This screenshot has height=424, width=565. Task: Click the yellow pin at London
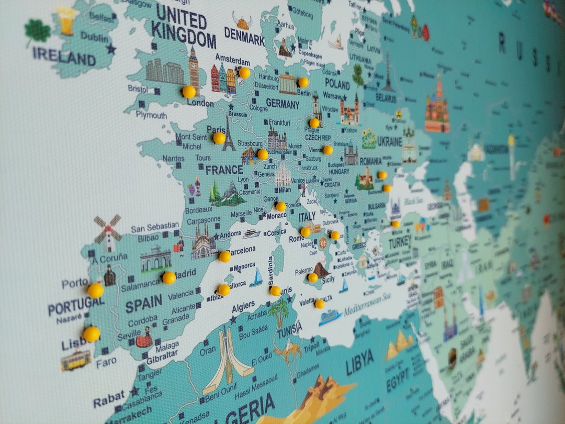(x=189, y=92)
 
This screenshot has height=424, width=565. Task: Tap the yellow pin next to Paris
(x=219, y=138)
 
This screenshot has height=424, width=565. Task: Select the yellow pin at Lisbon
(x=92, y=333)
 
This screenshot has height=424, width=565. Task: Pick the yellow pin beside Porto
(x=96, y=290)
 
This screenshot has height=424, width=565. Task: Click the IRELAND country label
(x=64, y=56)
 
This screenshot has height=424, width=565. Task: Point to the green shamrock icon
(x=38, y=31)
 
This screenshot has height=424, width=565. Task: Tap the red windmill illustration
(x=108, y=231)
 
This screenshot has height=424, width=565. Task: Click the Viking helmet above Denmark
(x=242, y=21)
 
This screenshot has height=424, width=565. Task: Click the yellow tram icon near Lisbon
(x=76, y=360)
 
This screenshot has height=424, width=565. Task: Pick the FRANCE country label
(x=224, y=170)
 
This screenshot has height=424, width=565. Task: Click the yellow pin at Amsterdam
(x=244, y=73)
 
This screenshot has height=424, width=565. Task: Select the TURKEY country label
(x=400, y=242)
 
